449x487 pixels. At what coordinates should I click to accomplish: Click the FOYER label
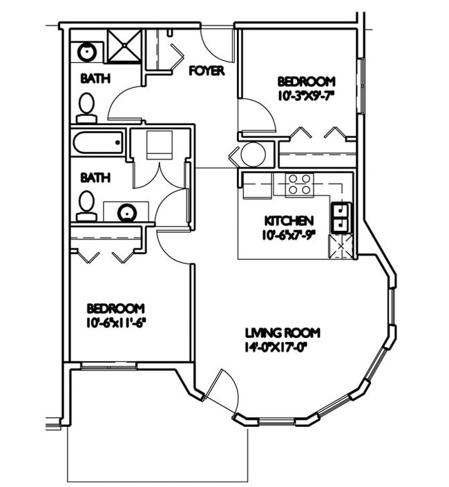(206, 70)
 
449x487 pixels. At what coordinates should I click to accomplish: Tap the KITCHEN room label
(289, 221)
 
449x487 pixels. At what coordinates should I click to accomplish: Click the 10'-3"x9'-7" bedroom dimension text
(305, 95)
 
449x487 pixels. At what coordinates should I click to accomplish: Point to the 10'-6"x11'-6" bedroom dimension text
(115, 322)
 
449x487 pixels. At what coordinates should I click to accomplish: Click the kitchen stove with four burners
(299, 184)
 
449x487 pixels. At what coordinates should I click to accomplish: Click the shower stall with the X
(124, 46)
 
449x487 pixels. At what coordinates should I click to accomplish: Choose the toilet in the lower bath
(86, 205)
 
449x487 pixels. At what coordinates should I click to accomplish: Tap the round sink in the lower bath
(126, 212)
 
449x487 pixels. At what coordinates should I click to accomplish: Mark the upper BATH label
(95, 79)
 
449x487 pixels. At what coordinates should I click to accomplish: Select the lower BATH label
(95, 178)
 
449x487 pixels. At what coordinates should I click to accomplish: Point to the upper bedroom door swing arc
(257, 114)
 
